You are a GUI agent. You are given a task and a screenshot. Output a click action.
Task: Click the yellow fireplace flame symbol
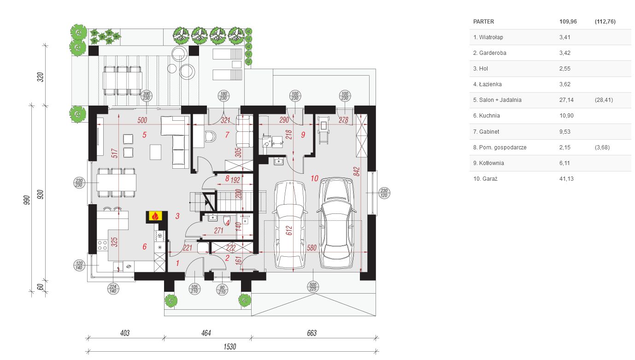(155, 216)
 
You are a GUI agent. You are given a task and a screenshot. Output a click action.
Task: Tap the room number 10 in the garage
(314, 178)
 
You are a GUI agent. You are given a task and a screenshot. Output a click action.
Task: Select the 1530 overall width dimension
(229, 347)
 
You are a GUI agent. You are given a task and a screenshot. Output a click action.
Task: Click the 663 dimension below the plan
(312, 333)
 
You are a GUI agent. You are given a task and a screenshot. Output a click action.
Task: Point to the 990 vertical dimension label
(26, 200)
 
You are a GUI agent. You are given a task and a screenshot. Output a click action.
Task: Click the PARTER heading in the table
(483, 22)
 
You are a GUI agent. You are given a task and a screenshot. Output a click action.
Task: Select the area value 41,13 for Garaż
(566, 179)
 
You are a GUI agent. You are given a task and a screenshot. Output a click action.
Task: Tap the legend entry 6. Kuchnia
(487, 116)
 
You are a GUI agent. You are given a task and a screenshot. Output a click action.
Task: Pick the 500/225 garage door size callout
(313, 287)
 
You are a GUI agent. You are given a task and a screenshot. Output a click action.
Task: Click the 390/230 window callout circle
(146, 96)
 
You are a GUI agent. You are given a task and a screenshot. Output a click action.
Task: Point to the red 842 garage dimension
(357, 171)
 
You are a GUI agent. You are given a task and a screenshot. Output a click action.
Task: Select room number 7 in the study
(227, 135)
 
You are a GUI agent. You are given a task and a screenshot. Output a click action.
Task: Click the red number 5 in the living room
(144, 135)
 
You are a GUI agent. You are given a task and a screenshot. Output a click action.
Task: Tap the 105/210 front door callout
(194, 289)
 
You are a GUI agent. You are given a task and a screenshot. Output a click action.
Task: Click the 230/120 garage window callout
(384, 193)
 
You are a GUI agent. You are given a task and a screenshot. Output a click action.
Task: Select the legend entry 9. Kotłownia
(488, 163)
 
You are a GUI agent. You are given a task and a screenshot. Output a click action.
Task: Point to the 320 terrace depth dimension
(41, 77)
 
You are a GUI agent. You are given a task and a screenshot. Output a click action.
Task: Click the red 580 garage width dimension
(312, 248)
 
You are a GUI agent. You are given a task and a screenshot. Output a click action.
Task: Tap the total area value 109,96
(568, 22)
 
